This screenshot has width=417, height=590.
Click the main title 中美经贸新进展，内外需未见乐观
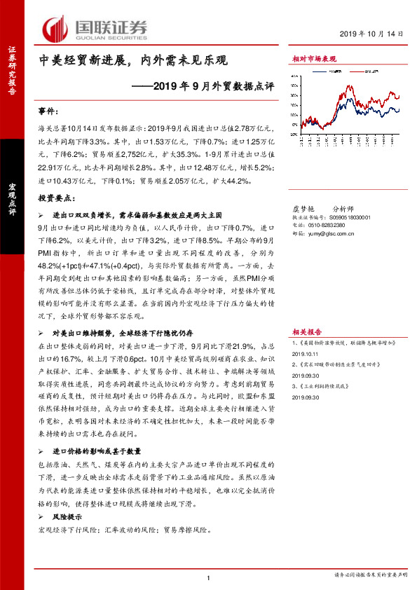133,61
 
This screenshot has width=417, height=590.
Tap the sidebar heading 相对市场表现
314,61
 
